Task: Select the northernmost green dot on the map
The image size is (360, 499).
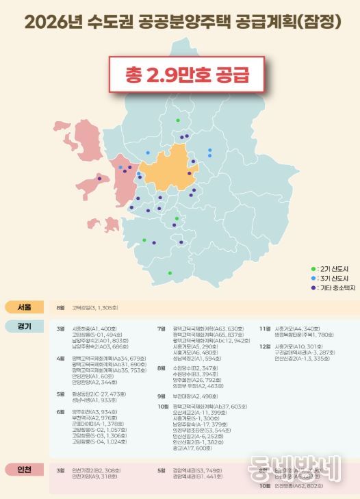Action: pyautogui.click(x=178, y=120)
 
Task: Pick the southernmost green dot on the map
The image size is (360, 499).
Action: pyautogui.click(x=170, y=273)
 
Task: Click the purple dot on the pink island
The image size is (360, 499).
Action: pyautogui.click(x=99, y=179)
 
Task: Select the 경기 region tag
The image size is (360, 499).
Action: pyautogui.click(x=24, y=326)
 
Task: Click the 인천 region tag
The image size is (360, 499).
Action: pyautogui.click(x=24, y=470)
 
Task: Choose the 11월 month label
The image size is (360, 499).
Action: pyautogui.click(x=264, y=329)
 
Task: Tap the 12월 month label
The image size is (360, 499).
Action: pyautogui.click(x=264, y=346)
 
